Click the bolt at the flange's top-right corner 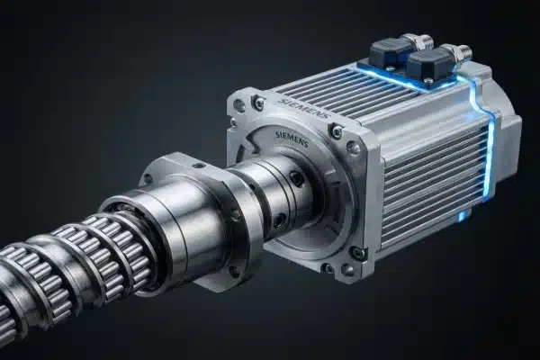click(335, 132)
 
